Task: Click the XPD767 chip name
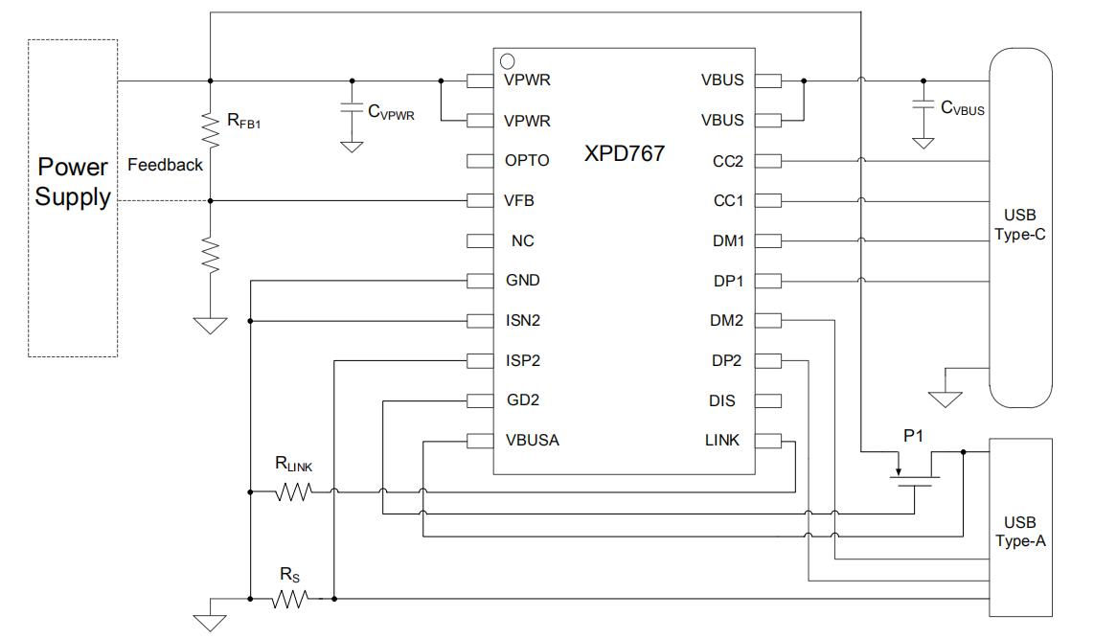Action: click(x=624, y=153)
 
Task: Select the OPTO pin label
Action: click(x=527, y=161)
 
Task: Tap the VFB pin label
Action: click(x=519, y=201)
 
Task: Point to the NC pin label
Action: click(x=522, y=240)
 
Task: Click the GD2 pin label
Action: click(x=522, y=400)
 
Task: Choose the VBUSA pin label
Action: click(x=532, y=441)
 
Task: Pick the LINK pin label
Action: click(x=722, y=441)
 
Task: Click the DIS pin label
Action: click(x=722, y=400)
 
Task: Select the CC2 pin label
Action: click(x=727, y=161)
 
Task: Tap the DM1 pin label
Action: click(x=727, y=240)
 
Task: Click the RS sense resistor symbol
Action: click(x=290, y=600)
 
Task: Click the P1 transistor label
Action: click(x=914, y=436)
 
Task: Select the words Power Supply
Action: click(x=73, y=182)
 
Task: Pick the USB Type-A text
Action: click(x=1020, y=532)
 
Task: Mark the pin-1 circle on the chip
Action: click(x=508, y=61)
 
